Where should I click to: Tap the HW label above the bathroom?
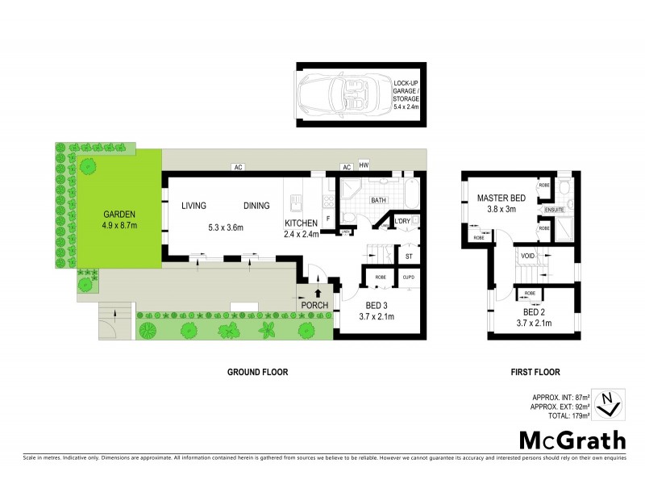coord(364,166)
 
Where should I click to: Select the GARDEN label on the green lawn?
coord(119,214)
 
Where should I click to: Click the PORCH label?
coord(315,306)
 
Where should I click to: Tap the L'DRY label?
coord(402,222)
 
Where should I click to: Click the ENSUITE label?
coord(555,211)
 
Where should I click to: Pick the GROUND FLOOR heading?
coord(256,372)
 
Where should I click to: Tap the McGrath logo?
coord(572,440)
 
